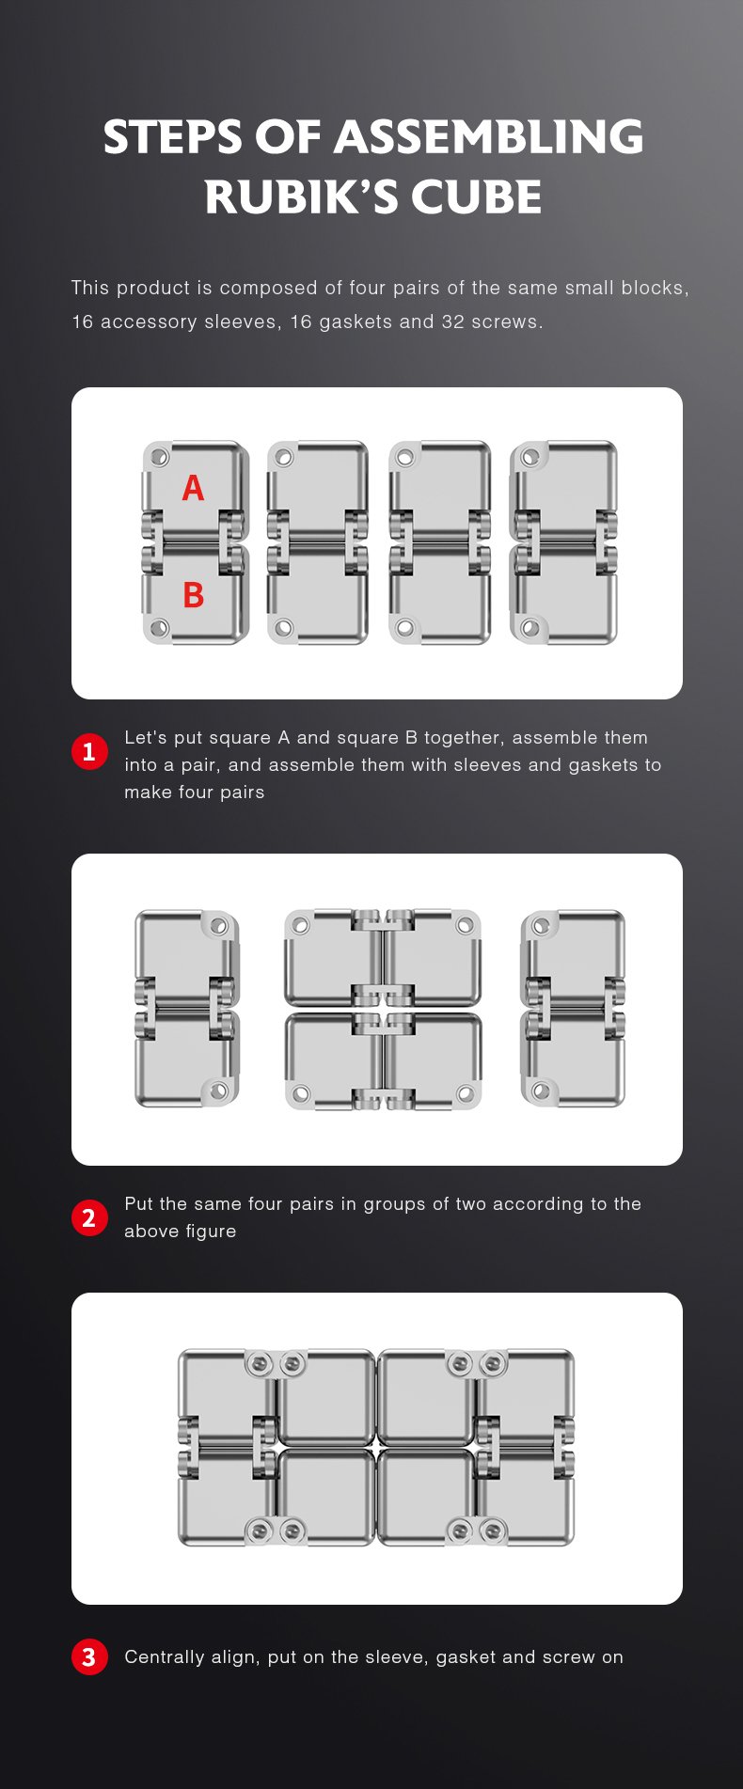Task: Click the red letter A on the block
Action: (193, 488)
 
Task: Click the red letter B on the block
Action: (193, 595)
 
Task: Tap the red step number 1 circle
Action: (89, 752)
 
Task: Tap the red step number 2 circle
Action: (89, 1218)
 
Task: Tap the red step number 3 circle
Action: (89, 1656)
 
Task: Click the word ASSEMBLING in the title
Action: (489, 137)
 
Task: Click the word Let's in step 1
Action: (146, 738)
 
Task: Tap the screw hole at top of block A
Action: (159, 458)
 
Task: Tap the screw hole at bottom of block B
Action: (159, 627)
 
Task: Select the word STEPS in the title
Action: (173, 137)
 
